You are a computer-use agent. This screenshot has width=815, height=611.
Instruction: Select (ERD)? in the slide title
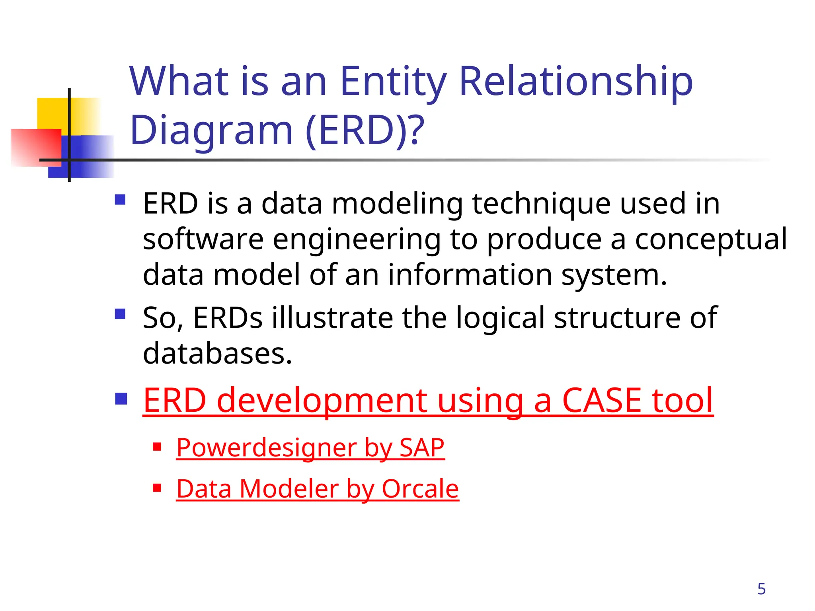pos(365,130)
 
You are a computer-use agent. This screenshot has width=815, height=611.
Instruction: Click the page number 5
pos(761,589)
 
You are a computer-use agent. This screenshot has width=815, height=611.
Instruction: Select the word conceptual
pos(711,239)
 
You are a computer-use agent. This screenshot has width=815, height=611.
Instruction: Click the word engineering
pos(357,240)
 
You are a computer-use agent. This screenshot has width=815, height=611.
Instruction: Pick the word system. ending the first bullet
pos(614,275)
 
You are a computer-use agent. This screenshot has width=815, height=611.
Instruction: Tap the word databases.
pos(217,354)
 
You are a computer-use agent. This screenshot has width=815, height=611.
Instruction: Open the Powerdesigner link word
pos(266,448)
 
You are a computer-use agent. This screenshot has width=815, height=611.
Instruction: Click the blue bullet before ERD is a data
pos(120,200)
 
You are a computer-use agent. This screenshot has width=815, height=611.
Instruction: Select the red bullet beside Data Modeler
pos(157,488)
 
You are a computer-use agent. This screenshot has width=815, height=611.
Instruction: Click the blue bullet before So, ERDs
pos(120,314)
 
